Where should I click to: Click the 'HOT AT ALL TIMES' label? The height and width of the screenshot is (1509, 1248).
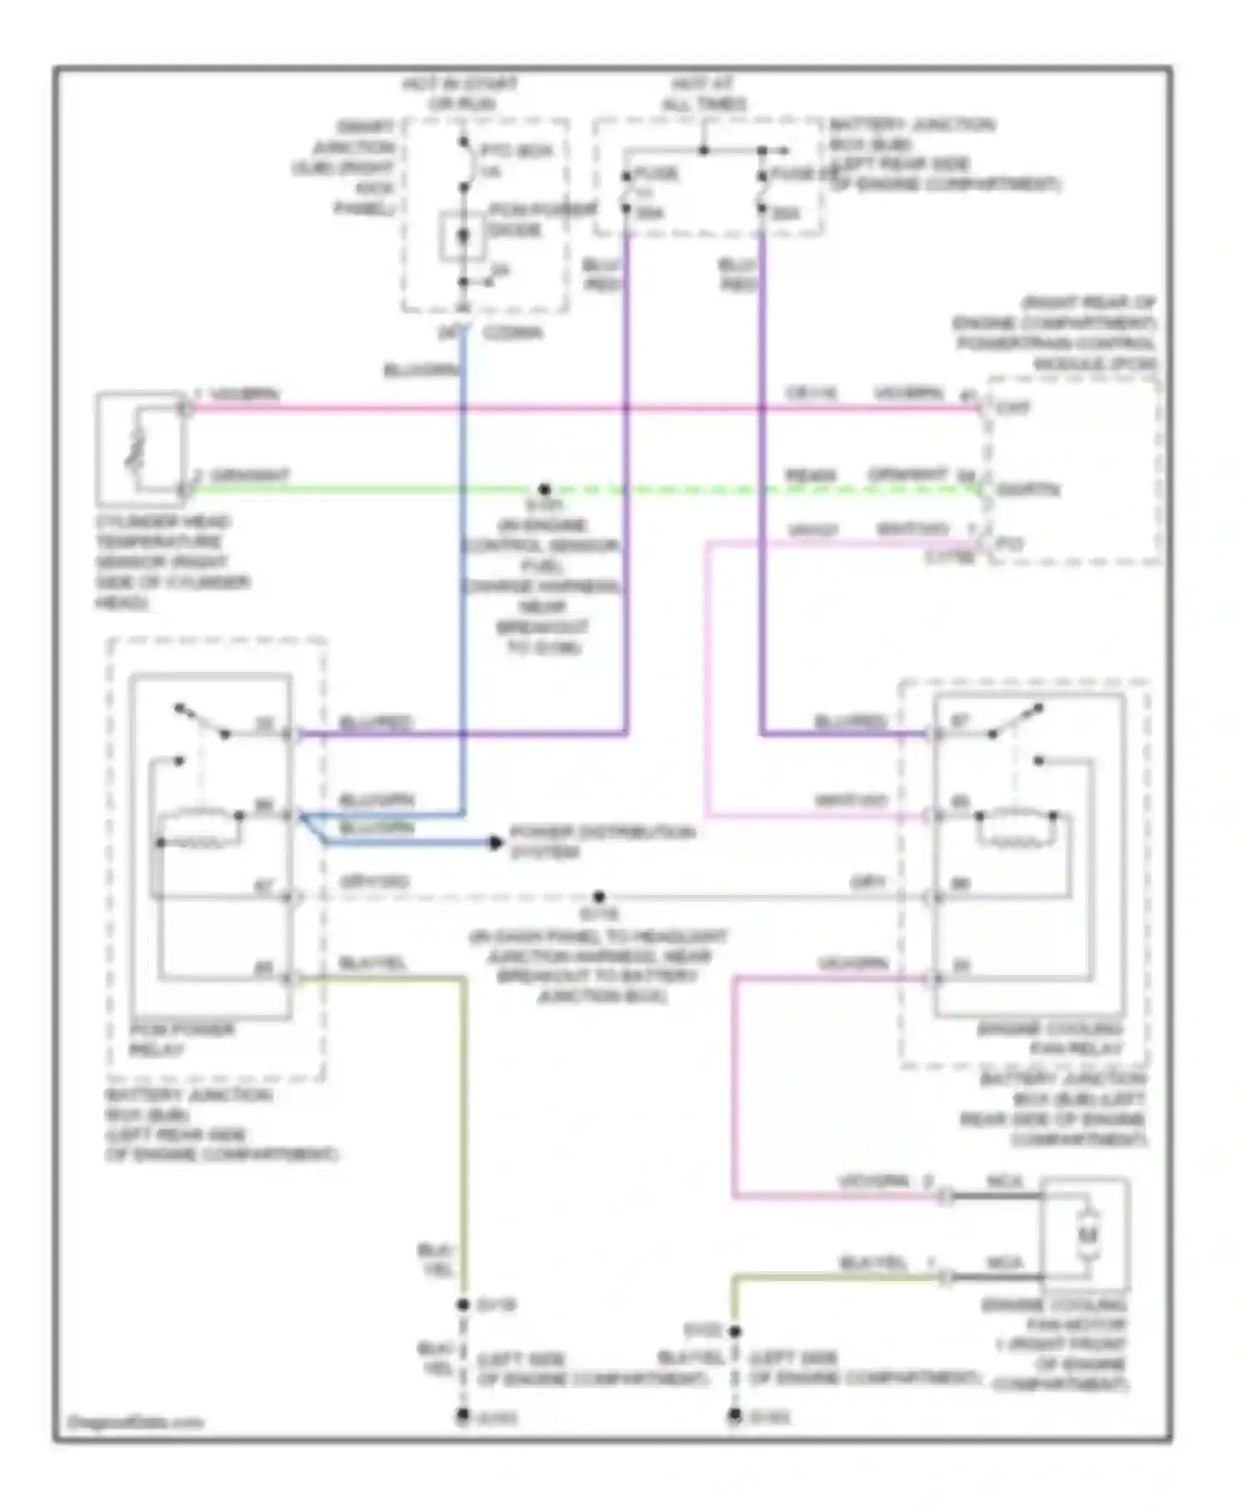703,94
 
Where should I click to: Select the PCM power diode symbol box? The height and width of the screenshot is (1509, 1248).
463,236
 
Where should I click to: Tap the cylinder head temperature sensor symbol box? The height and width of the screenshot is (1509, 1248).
140,449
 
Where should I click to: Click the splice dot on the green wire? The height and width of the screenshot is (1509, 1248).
544,489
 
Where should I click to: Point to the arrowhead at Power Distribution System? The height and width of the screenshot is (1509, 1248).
496,843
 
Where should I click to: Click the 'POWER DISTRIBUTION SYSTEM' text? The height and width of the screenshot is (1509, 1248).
602,842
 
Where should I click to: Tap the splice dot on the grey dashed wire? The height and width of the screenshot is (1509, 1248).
599,897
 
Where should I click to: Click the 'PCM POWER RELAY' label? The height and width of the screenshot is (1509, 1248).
181,1039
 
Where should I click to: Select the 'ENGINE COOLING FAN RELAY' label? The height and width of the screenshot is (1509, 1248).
1050,1039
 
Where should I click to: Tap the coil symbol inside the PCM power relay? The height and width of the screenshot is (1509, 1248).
200,826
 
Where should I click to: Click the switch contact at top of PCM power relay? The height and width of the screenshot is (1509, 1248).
202,721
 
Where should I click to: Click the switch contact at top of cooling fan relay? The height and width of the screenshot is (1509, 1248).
1015,721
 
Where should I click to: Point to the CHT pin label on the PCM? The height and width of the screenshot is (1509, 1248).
1013,408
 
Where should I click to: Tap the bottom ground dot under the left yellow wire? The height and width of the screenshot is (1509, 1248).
463,1415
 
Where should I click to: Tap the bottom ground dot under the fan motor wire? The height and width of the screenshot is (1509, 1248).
735,1415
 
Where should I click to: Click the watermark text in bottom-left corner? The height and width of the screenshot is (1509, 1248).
135,1422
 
